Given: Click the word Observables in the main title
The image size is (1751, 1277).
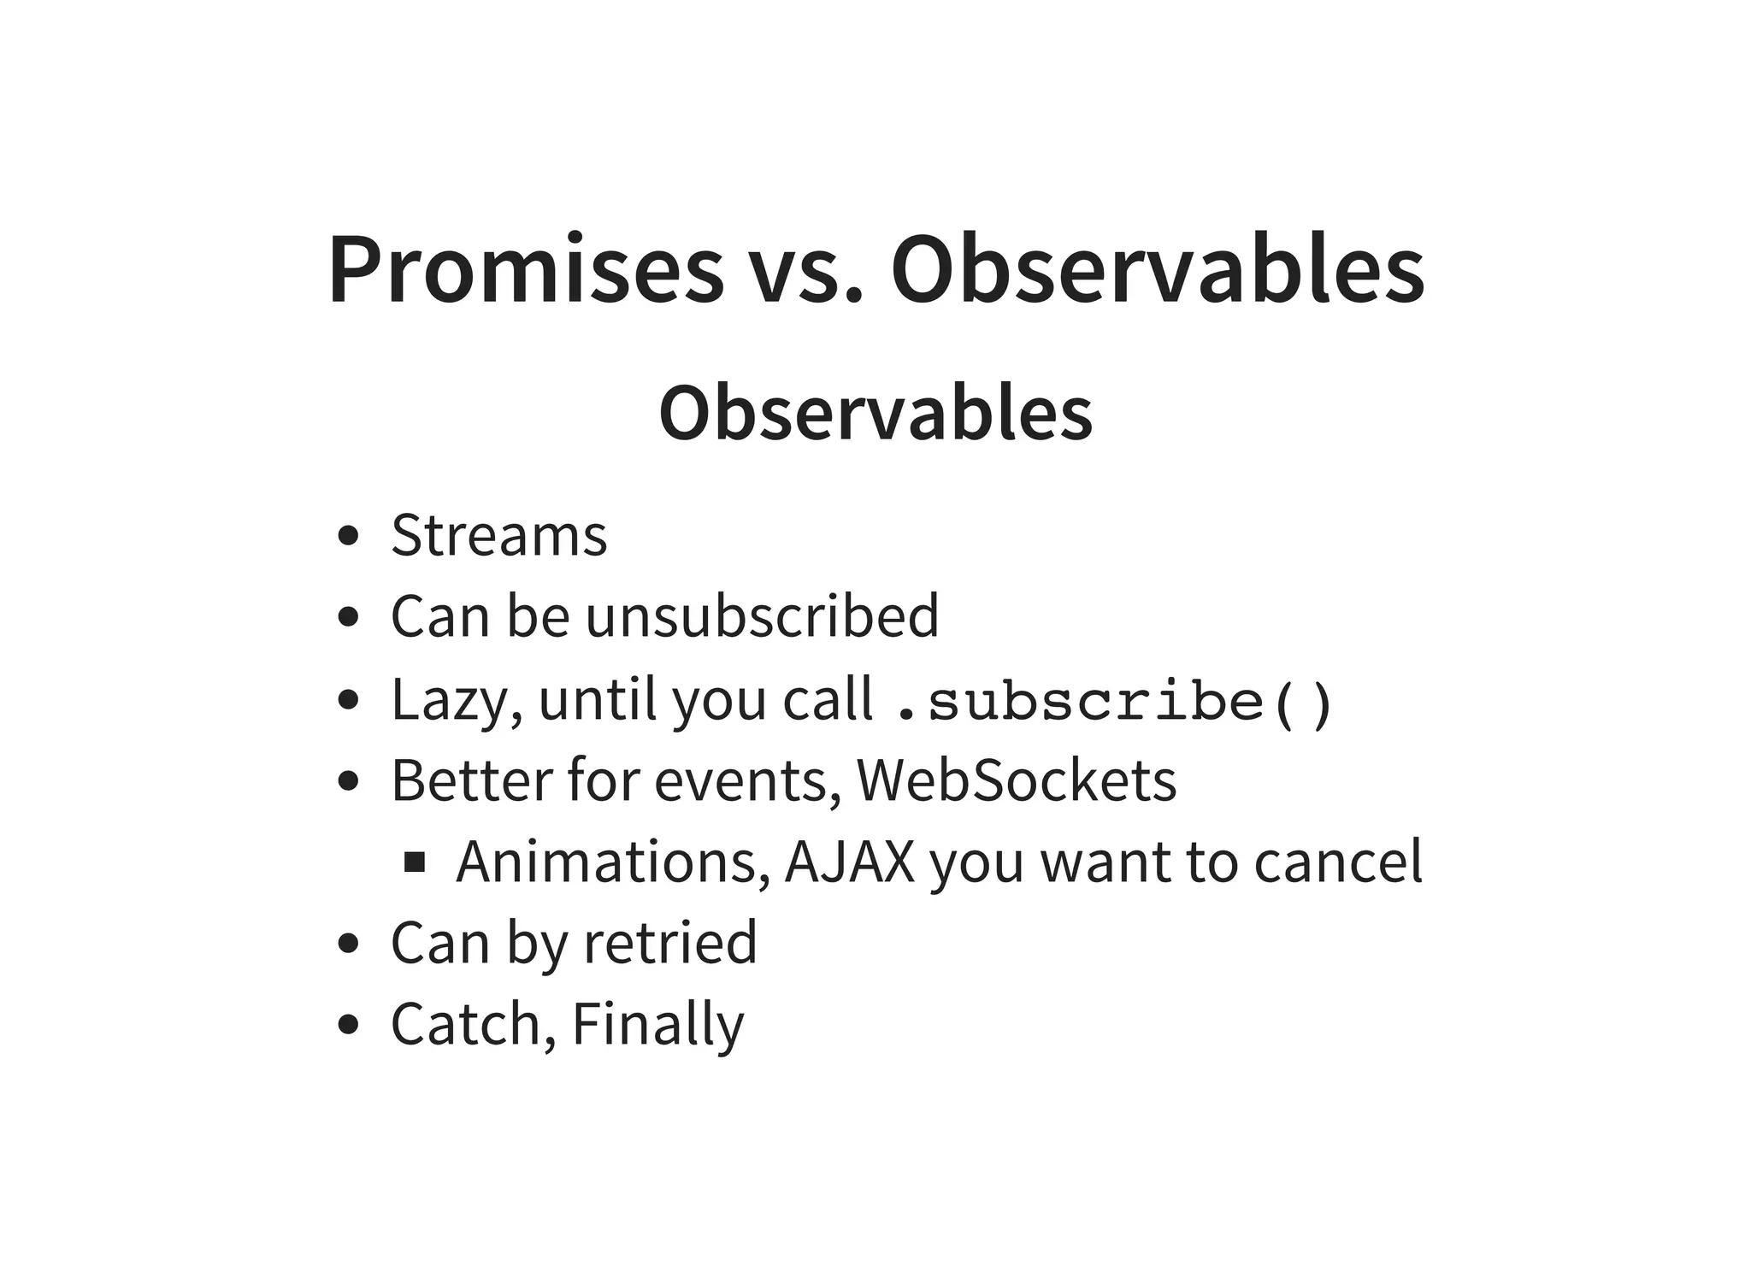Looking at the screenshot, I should [x=1158, y=269].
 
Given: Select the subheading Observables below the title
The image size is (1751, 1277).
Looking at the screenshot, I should [x=875, y=413].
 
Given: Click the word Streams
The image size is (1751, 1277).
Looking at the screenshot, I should [x=498, y=536].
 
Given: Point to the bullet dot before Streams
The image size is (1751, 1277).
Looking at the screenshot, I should [x=347, y=537].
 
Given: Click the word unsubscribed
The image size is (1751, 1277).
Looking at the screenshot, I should [x=761, y=615].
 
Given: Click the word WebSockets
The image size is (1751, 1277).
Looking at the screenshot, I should [x=1016, y=780].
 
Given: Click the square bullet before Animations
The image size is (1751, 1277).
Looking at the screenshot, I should [x=415, y=862].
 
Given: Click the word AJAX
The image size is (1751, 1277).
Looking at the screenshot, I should [x=849, y=862].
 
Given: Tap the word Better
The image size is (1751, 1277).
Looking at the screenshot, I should [x=471, y=780].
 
